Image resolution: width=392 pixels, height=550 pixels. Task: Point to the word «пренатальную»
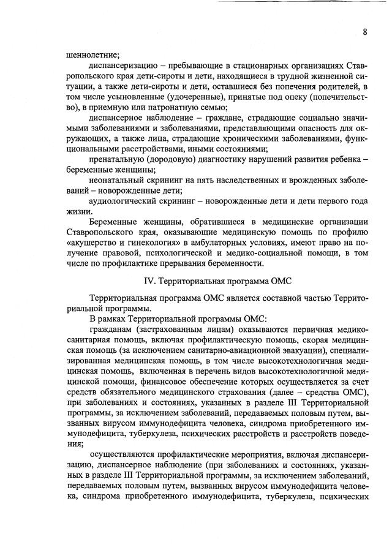(117, 159)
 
